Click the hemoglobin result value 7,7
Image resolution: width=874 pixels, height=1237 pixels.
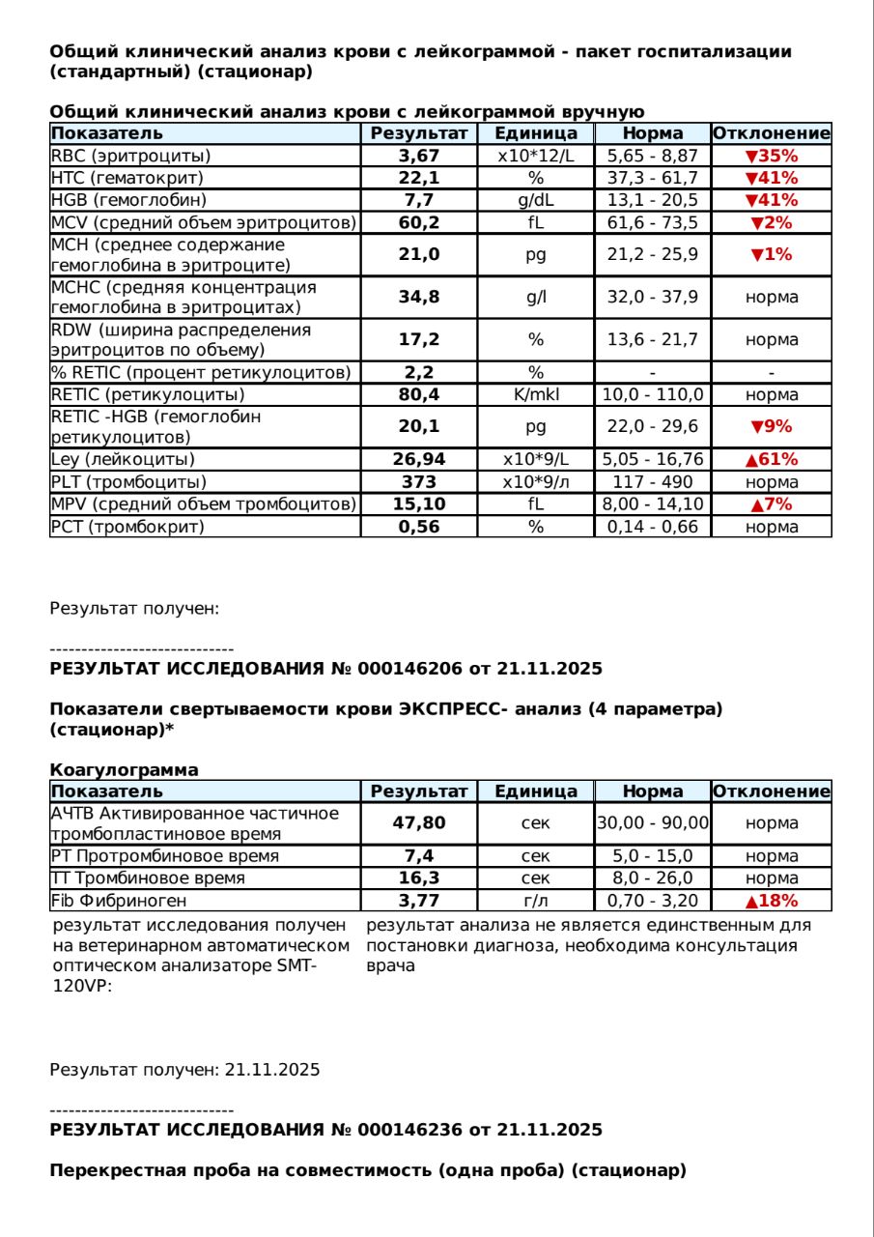click(x=419, y=200)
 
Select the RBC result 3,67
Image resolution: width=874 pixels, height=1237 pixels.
click(x=419, y=156)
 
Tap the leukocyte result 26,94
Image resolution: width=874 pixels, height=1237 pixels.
click(x=419, y=459)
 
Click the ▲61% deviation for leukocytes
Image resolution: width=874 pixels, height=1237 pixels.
click(x=771, y=459)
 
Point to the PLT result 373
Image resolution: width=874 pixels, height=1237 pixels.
click(x=419, y=481)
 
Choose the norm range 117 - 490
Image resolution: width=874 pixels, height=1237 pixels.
click(x=653, y=481)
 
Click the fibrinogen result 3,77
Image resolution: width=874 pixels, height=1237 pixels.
click(x=419, y=901)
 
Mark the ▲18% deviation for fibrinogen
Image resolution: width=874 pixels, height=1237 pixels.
click(x=771, y=901)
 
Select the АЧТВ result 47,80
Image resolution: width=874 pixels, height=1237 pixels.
click(x=419, y=823)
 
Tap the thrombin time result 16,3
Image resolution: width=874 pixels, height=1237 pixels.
click(x=419, y=878)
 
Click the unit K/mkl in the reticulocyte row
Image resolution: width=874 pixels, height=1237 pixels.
click(x=536, y=394)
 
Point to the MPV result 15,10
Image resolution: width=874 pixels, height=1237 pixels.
click(x=419, y=503)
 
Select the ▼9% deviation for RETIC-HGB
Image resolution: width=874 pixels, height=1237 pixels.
click(x=771, y=426)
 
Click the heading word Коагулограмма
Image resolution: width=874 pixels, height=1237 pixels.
click(x=124, y=770)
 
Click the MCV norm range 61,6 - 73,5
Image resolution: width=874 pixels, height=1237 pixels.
click(x=653, y=222)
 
